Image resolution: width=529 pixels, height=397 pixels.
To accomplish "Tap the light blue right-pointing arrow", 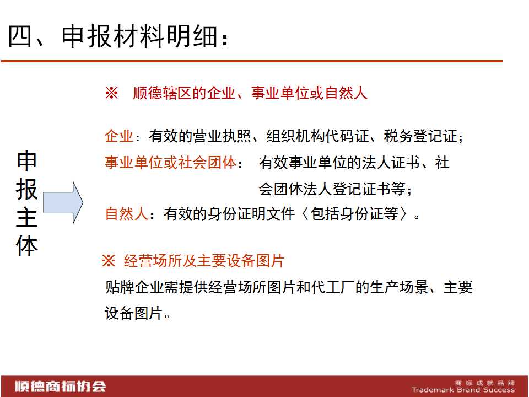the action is click(x=63, y=202).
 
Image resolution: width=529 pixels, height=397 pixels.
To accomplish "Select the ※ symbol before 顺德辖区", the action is click(x=111, y=93).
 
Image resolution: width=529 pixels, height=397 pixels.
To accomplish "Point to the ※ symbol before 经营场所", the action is click(x=109, y=261).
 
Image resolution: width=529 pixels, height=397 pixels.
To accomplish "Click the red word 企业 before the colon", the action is click(x=119, y=136).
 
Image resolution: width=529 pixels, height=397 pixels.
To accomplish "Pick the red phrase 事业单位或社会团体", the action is click(x=170, y=162).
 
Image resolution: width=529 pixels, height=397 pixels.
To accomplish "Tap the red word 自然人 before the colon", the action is click(x=127, y=213).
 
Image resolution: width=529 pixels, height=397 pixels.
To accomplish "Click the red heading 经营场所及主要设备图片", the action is click(x=204, y=261).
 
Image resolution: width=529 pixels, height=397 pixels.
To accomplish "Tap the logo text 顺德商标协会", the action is click(x=60, y=386).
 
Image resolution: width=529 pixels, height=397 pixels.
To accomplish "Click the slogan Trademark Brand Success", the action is click(x=463, y=390).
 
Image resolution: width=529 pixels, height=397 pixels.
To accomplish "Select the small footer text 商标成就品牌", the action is click(x=485, y=383).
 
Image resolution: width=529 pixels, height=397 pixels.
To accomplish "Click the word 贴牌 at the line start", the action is click(x=120, y=287).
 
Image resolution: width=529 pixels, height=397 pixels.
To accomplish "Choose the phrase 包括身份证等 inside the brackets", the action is click(x=354, y=213).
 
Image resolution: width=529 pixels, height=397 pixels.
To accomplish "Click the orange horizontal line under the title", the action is click(x=252, y=61).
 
